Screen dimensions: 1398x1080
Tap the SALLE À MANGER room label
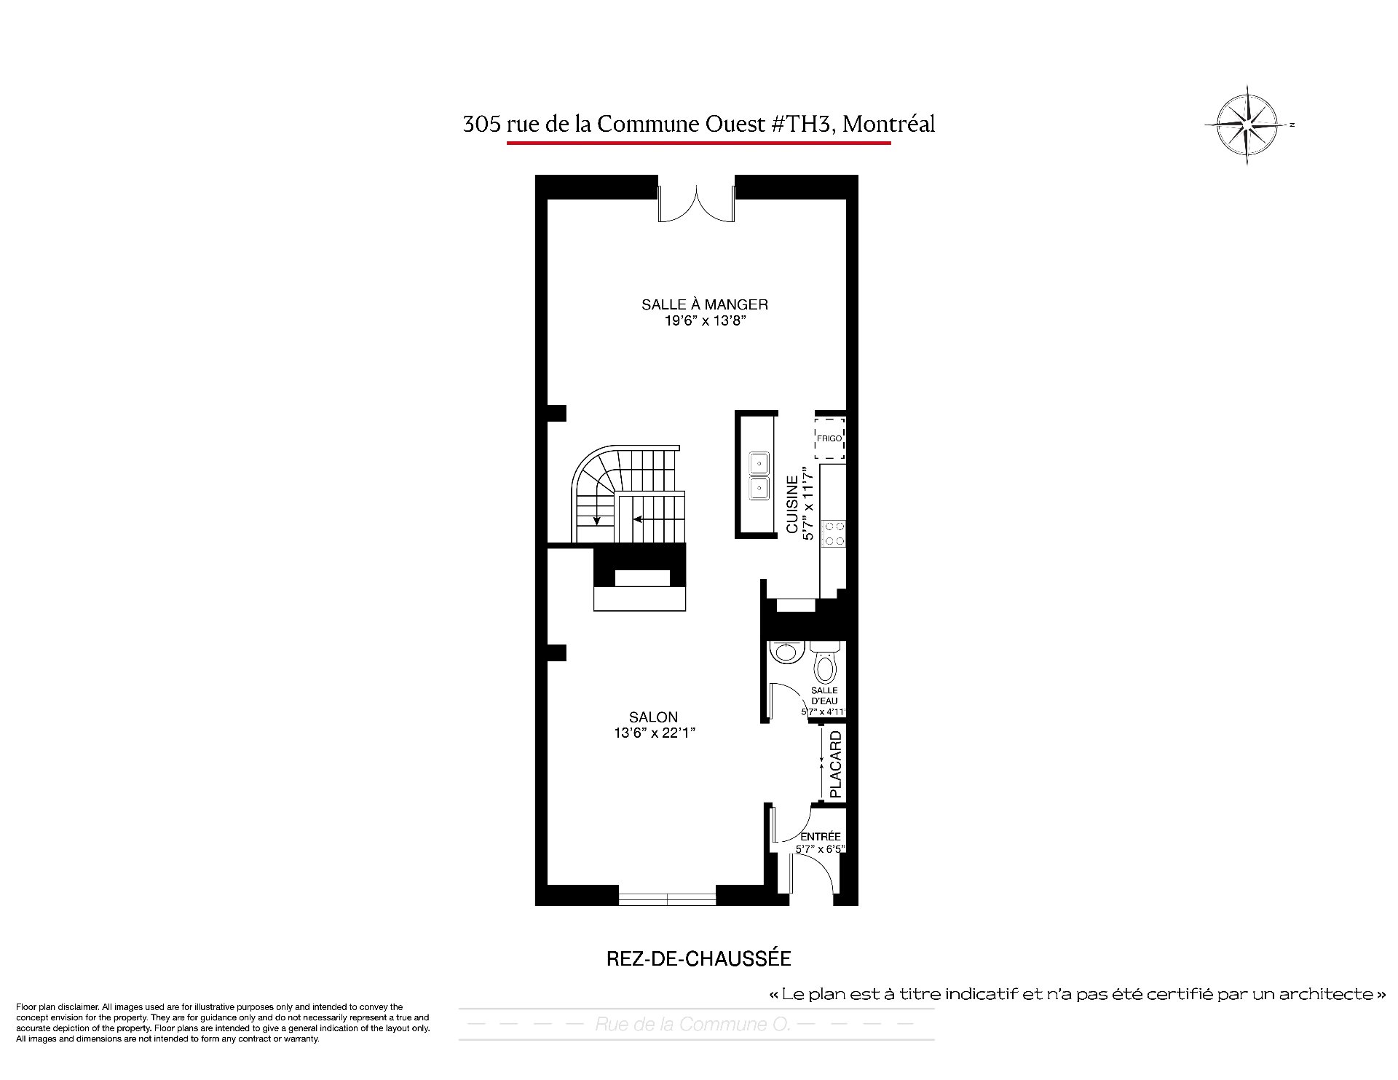704,304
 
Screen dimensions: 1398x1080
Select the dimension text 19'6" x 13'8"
704,320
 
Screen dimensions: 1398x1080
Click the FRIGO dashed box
829,438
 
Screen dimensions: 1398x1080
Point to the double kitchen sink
759,476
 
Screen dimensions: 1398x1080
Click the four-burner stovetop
833,533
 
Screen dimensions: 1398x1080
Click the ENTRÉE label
820,837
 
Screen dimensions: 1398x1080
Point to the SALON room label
653,717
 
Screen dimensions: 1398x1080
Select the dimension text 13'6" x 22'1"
654,733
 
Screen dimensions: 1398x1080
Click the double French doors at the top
696,202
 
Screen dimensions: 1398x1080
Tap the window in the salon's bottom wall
667,899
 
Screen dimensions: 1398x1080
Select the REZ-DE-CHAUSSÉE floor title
698,958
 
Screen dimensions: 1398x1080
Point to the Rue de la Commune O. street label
692,1024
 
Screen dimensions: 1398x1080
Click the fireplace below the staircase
640,578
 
